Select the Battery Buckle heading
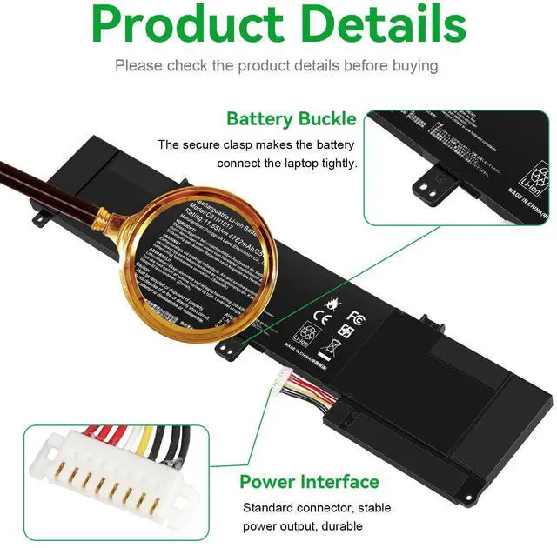tap(291, 119)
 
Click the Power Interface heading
tap(309, 482)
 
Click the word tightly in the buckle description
tap(337, 163)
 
